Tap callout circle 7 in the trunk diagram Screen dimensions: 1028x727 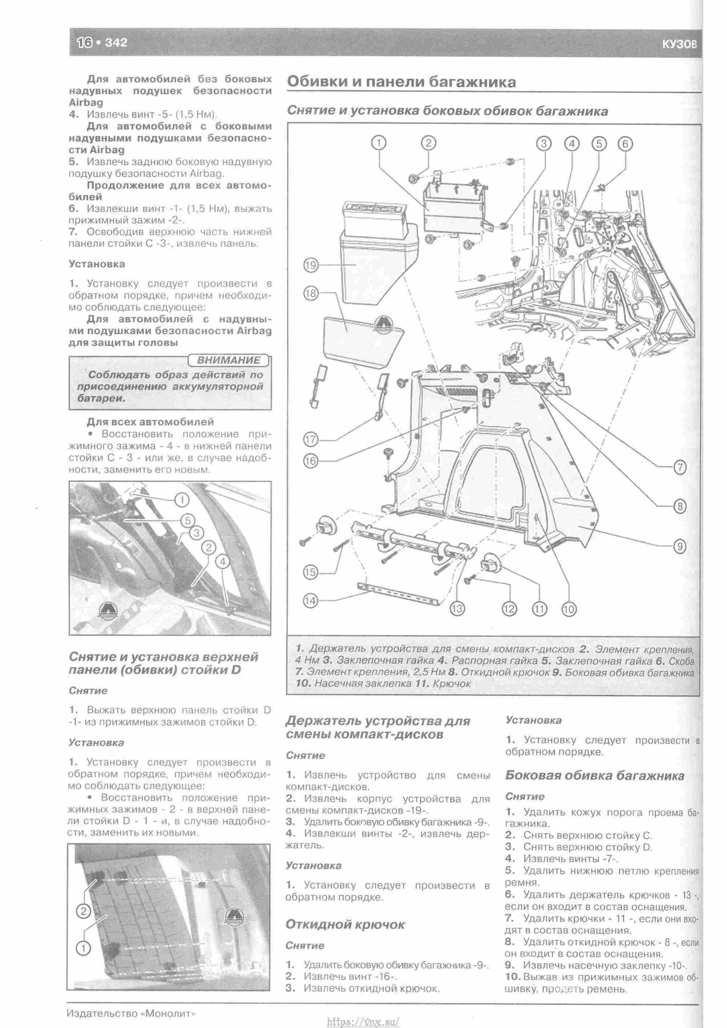coord(679,468)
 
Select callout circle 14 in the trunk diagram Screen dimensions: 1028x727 coord(310,600)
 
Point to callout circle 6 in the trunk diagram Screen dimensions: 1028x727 coord(625,144)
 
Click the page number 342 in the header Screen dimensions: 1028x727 coord(116,43)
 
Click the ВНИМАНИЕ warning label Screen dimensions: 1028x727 coord(228,360)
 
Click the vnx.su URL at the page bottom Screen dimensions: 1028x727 coord(363,1018)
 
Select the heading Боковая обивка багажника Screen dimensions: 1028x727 coord(594,776)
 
